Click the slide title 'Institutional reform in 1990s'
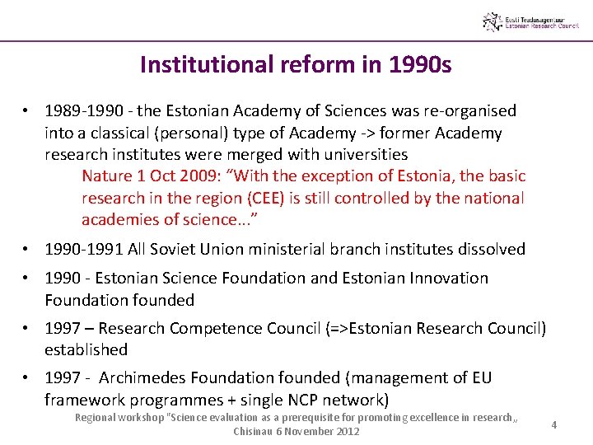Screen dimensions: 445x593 pyautogui.click(x=296, y=64)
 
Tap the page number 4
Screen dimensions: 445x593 pyautogui.click(x=554, y=424)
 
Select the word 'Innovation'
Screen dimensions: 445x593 pyautogui.click(x=447, y=279)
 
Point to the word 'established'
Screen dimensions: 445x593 pyautogui.click(x=86, y=350)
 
